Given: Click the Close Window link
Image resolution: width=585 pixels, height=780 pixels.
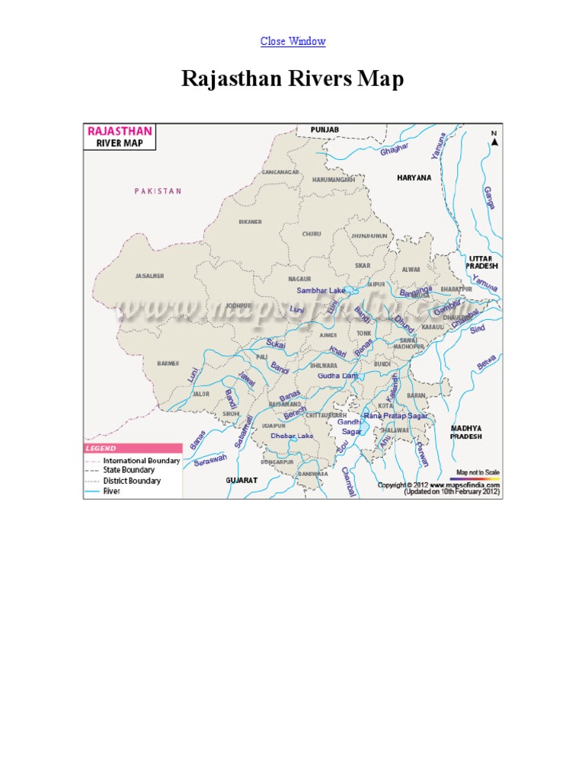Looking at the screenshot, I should [x=292, y=41].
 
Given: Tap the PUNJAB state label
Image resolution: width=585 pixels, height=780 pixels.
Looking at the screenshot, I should [x=324, y=130].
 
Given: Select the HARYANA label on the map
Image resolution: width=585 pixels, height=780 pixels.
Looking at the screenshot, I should [x=414, y=177].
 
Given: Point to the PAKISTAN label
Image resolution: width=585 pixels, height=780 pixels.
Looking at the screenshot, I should [x=158, y=191].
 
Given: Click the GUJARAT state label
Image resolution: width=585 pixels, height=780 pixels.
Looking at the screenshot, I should [x=241, y=481].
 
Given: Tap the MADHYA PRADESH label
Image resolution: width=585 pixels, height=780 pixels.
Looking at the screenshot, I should [x=465, y=433].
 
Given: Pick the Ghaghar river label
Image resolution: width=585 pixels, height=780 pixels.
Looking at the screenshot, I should [x=395, y=148].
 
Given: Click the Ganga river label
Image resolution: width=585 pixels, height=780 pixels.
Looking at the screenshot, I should [x=488, y=197].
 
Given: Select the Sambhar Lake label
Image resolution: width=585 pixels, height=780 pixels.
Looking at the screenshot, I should [x=321, y=291].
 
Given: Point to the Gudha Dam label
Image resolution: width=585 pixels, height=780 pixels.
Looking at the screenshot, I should [x=337, y=376].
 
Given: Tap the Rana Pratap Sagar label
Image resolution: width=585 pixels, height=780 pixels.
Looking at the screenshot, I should [x=395, y=416].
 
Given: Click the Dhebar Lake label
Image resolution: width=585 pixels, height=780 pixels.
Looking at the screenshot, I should [x=292, y=436].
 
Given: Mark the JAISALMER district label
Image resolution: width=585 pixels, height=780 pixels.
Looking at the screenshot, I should [x=149, y=276].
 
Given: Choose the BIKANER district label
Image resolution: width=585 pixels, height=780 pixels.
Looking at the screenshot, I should [x=250, y=222].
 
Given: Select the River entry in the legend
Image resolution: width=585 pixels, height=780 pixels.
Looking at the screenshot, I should [x=111, y=491].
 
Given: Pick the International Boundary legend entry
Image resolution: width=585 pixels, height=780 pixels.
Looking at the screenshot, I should [x=142, y=461].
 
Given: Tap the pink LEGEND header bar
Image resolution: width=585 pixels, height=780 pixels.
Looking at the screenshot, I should [x=133, y=449].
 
